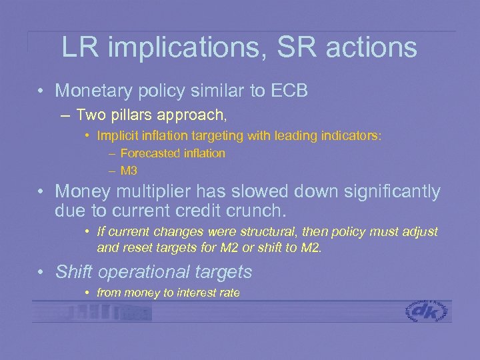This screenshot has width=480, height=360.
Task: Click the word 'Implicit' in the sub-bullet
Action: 117,136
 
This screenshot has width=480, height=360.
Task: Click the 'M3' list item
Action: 129,171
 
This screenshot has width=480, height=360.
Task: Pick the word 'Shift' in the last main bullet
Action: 74,272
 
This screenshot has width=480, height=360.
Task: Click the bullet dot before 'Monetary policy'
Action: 41,91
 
